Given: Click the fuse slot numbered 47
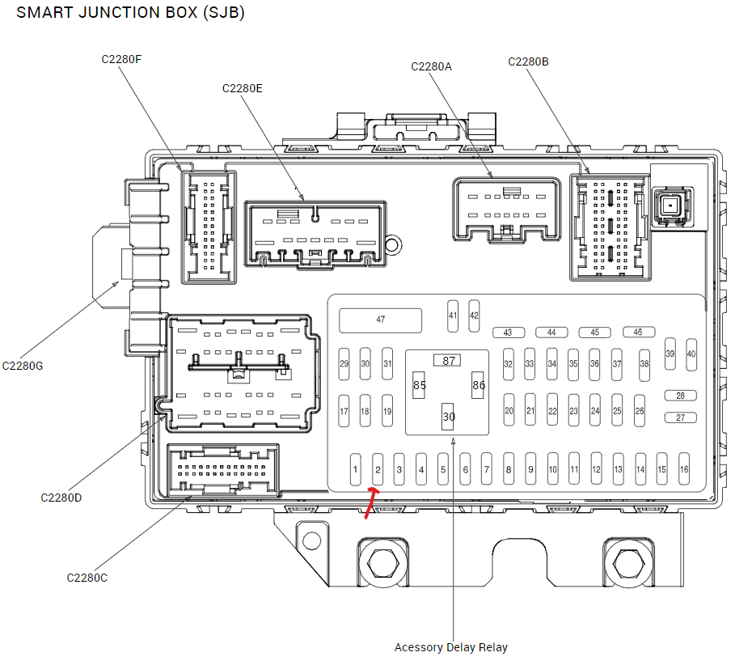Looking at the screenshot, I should pyautogui.click(x=380, y=320).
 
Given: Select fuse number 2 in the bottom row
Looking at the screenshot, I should pyautogui.click(x=377, y=469).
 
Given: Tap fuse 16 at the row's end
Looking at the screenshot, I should pyautogui.click(x=684, y=469).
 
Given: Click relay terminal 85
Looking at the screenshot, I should pyautogui.click(x=419, y=385).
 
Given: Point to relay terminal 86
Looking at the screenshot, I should pyautogui.click(x=479, y=385).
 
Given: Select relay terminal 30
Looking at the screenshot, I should pyautogui.click(x=448, y=417).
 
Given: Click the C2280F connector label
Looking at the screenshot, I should pyautogui.click(x=122, y=59).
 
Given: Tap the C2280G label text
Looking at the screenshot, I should pyautogui.click(x=23, y=365).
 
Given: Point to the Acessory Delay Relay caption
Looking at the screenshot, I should pyautogui.click(x=450, y=647).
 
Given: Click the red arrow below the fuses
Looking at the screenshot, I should pyautogui.click(x=371, y=503).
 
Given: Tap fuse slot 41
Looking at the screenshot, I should pyautogui.click(x=453, y=316).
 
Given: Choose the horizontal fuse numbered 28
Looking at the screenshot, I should pyautogui.click(x=681, y=396).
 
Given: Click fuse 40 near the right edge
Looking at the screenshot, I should pyautogui.click(x=691, y=354).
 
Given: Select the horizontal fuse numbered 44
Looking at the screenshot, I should pyautogui.click(x=551, y=333).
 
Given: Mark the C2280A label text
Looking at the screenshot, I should pyautogui.click(x=431, y=66).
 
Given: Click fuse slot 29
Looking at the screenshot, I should pyautogui.click(x=344, y=364).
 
